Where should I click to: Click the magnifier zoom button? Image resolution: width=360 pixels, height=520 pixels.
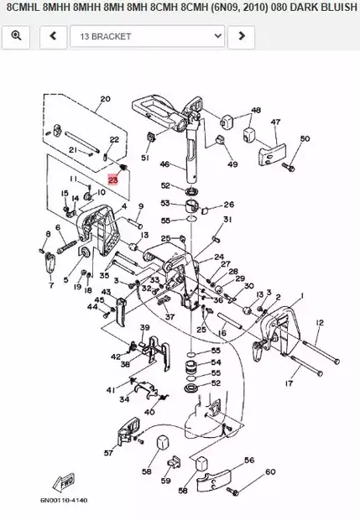coord(16,37)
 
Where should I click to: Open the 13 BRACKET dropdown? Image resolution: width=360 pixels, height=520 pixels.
coord(147,37)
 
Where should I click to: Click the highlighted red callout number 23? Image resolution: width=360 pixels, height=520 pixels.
coord(113,179)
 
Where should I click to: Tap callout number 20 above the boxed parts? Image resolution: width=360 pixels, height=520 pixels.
coord(105,99)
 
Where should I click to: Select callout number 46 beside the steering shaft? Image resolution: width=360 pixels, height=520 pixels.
coord(165,164)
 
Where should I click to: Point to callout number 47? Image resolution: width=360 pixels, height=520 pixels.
coord(274,122)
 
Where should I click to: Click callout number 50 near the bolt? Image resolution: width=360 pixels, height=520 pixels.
coord(305,138)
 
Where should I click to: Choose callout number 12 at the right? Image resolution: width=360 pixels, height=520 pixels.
coord(320,322)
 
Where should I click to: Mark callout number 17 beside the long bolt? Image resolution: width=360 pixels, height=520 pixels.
coord(290,385)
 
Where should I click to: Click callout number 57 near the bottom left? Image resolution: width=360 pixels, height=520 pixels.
coord(108,452)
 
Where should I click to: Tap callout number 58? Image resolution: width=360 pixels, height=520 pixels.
coord(147,472)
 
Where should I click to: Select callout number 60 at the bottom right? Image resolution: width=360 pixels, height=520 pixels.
coord(270,472)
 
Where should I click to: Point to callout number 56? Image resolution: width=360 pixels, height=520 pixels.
coord(249,460)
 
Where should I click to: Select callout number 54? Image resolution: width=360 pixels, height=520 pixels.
coord(216,362)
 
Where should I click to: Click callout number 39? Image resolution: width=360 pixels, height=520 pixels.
coord(144,327)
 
